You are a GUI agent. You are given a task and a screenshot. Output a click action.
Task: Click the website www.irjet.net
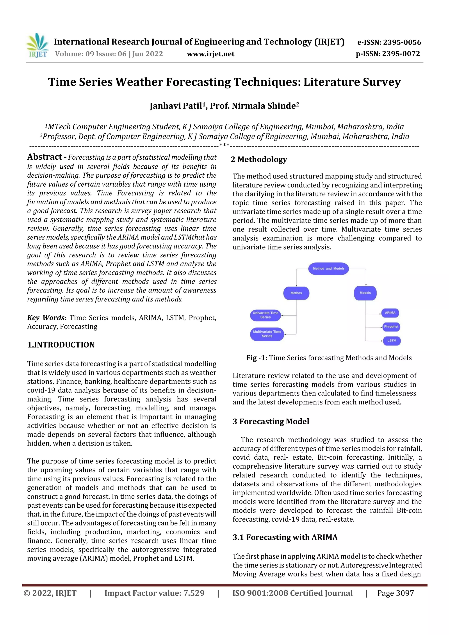210,54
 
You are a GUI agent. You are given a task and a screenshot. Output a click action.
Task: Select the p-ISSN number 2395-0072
401,54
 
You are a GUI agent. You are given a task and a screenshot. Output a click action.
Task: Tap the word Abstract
45,157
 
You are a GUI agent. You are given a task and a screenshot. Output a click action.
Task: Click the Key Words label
46,318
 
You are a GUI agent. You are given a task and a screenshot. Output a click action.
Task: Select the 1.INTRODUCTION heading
61,345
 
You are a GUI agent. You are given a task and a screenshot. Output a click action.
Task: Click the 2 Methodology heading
259,160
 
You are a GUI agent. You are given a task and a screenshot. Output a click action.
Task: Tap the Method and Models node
328,269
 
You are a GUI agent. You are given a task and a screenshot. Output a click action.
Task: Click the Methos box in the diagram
296,293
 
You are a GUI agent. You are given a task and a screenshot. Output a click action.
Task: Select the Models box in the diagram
365,293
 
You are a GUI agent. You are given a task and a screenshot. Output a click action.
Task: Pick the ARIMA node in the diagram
390,313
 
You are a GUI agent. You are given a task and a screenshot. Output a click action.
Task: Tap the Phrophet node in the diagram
391,327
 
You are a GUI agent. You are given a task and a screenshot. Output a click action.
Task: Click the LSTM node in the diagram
392,341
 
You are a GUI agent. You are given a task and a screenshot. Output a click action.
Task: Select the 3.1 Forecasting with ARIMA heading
285,537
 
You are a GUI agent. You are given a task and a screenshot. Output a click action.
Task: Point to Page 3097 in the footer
395,593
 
